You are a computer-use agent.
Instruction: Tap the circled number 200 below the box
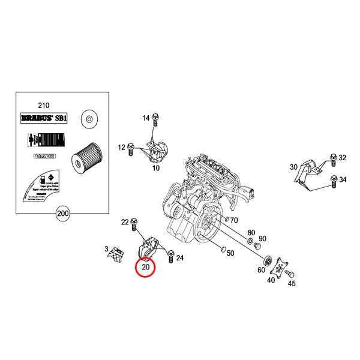coord(62,212)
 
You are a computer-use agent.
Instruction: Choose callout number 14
coord(146,119)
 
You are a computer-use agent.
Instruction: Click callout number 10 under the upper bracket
coord(156,169)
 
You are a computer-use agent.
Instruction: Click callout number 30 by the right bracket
coord(293,167)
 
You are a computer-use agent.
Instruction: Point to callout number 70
coord(234,220)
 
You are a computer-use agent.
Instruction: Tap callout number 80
coord(251,232)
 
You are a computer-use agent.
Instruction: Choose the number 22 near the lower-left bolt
coord(125,222)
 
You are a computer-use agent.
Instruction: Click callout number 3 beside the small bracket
coord(106,248)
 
